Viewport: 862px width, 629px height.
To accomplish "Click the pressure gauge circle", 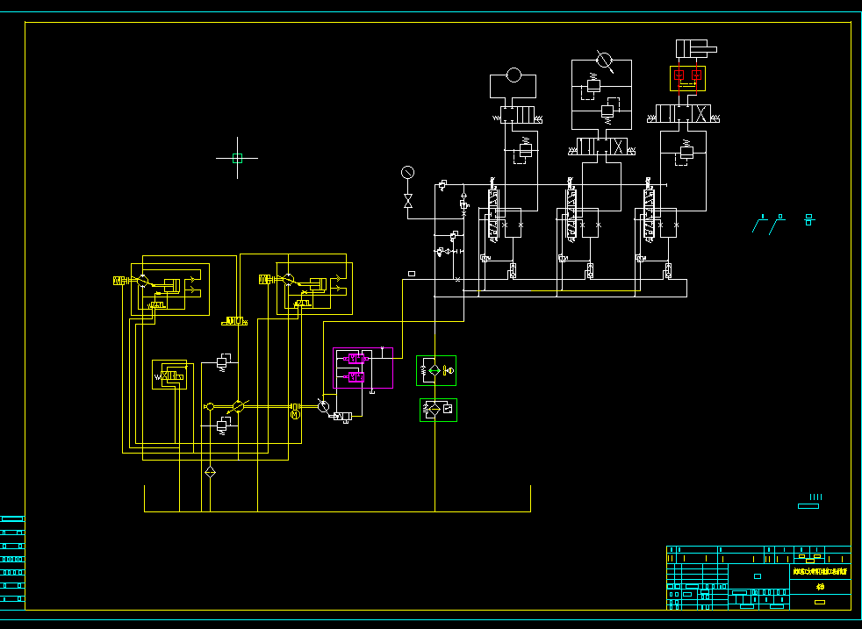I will tap(407, 170).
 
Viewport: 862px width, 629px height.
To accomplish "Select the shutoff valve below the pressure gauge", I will tap(407, 201).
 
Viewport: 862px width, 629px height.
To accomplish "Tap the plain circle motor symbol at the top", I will tap(514, 75).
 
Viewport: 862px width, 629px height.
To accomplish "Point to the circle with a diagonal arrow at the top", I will tap(603, 60).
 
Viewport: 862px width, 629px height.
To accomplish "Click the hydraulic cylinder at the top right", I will tap(694, 49).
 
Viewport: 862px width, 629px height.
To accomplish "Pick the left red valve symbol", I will tap(679, 76).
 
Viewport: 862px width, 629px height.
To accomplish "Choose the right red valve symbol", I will tap(697, 76).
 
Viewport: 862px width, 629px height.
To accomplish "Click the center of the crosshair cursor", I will tap(237, 158).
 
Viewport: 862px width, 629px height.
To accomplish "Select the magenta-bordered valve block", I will tap(363, 368).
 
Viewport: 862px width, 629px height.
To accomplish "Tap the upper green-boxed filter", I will tap(436, 370).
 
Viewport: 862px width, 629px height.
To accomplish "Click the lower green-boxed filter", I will tap(438, 410).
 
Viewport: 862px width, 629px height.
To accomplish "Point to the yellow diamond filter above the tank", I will tap(210, 473).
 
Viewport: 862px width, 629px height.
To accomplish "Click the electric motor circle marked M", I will tap(295, 414).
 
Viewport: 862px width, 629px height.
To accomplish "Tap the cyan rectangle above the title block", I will tap(808, 505).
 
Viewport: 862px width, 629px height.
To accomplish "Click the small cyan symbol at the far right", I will tap(809, 219).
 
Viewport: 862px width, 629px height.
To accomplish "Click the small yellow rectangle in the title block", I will tap(820, 602).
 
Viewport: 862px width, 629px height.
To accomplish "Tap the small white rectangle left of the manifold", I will tap(412, 274).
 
